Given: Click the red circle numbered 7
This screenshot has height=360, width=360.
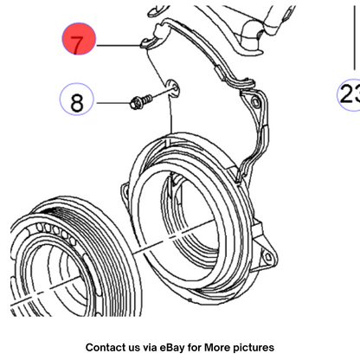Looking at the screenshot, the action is pos(79,39).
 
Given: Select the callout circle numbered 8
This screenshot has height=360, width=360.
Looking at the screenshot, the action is pos(77,99).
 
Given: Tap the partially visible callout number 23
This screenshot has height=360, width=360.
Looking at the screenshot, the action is pos(350,94).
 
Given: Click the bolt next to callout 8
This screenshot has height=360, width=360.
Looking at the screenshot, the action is pos(141,100).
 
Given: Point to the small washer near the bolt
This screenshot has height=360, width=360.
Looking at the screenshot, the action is pos(172,87).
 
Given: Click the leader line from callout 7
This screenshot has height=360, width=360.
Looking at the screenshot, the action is pos(119,45).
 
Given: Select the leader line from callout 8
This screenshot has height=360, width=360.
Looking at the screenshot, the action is pos(113,103).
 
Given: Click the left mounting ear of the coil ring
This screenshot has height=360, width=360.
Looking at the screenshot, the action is pos(125,192).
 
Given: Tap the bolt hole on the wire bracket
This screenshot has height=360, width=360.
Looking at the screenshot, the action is pos(255,102).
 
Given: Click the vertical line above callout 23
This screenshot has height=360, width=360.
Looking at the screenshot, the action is pos(355,37).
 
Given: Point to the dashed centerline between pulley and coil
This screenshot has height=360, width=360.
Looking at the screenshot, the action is pos(173,236).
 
